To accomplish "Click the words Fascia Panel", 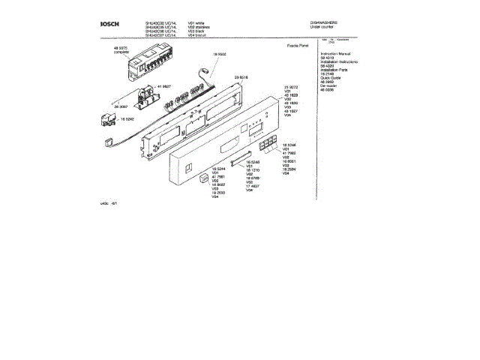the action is (278, 46).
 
